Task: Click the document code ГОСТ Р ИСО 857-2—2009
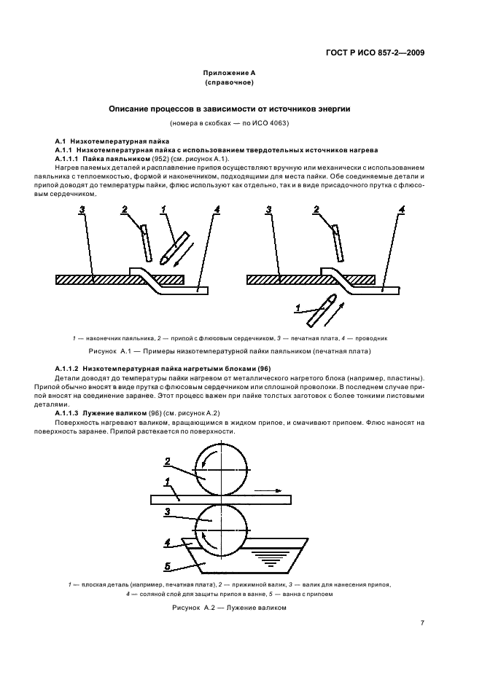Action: pyautogui.click(x=375, y=52)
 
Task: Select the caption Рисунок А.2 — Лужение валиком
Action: pyautogui.click(x=230, y=607)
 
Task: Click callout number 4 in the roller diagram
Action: pyautogui.click(x=167, y=543)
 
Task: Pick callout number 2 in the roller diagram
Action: pyautogui.click(x=167, y=460)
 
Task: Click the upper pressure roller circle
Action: pyautogui.click(x=219, y=471)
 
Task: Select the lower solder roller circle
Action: pyautogui.click(x=219, y=527)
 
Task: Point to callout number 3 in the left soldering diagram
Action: pyautogui.click(x=82, y=210)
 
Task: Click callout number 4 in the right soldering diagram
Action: pyautogui.click(x=401, y=210)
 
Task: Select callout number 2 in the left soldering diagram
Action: pyautogui.click(x=125, y=210)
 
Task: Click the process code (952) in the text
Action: pyautogui.click(x=163, y=158)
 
